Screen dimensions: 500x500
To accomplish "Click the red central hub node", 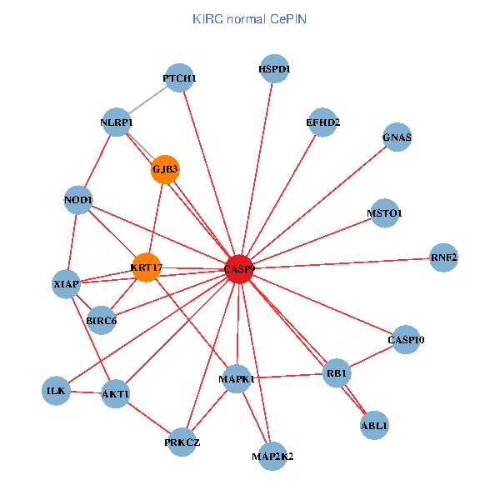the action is click(239, 268).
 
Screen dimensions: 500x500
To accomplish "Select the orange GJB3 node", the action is click(165, 170).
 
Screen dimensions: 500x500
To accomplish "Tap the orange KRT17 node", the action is click(146, 267).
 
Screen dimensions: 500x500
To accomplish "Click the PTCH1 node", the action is click(179, 78).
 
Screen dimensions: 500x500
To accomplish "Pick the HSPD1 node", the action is click(274, 69).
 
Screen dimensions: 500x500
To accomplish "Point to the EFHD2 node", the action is click(322, 122).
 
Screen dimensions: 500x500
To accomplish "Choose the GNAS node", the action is click(397, 137).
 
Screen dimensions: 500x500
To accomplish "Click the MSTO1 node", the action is click(383, 213).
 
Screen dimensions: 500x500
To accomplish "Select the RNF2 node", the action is click(444, 257).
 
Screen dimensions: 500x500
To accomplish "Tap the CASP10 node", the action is click(406, 339).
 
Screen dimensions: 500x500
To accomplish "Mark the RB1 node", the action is click(337, 372).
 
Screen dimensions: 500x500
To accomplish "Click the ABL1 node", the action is click(374, 425).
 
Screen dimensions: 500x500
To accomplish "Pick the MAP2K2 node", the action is click(272, 456).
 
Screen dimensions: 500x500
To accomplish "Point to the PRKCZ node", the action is click(182, 442).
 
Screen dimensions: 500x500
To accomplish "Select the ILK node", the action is click(56, 390).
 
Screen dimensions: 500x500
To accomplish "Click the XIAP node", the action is click(66, 284).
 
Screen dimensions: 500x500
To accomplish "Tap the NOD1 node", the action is click(78, 199).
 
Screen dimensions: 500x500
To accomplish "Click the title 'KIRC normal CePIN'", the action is click(248, 18).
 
